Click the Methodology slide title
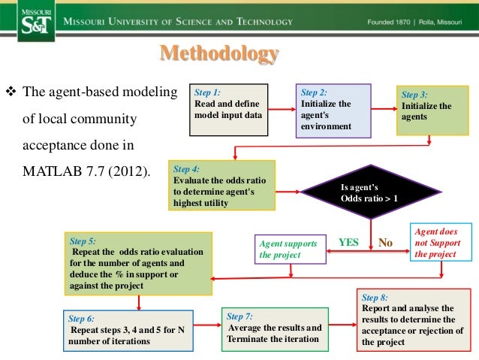point(218,55)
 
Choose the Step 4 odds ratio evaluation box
point(222,182)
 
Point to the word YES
point(349,243)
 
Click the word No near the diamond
point(385,244)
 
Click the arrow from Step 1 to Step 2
point(279,110)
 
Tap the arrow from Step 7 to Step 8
point(343,325)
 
